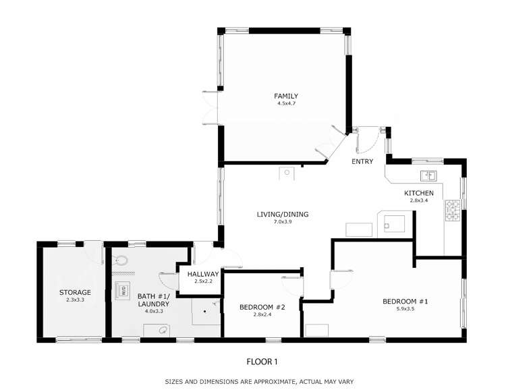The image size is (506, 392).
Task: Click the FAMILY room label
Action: click(285, 96)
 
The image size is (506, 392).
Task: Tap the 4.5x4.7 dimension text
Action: click(285, 105)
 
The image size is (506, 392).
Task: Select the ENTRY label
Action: click(362, 162)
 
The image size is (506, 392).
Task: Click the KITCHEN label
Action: click(418, 193)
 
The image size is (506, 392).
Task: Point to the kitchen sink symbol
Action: click(428, 176)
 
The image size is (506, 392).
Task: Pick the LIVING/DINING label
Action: click(282, 214)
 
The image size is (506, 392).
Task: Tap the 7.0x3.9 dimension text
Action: click(282, 223)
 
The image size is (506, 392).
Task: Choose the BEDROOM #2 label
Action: click(262, 307)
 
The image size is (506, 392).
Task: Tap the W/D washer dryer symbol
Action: click(124, 291)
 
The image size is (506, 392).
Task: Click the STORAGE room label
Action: click(74, 292)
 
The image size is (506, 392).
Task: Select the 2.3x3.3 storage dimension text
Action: click(74, 301)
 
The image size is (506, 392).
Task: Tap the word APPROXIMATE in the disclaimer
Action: click(269, 381)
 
